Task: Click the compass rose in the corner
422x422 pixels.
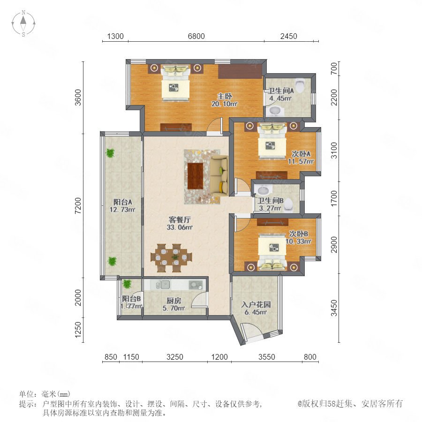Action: point(23,23)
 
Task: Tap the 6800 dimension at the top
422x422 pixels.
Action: point(196,36)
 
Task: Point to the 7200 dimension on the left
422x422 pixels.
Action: point(78,206)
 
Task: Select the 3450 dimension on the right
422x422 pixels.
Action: point(334,308)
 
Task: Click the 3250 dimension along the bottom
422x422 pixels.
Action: point(175,357)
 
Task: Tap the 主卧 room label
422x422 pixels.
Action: point(225,96)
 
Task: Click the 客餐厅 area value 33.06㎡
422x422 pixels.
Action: point(180,227)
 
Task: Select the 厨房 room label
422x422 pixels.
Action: point(173,301)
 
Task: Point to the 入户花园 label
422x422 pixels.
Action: point(256,304)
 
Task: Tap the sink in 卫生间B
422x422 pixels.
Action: point(263,190)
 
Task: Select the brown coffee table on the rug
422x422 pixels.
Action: point(196,176)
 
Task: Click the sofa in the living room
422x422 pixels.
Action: point(219,176)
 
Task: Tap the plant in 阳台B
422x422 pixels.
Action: point(127,284)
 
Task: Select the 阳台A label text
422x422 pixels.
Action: point(122,202)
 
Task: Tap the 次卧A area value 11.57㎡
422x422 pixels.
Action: point(301,162)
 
